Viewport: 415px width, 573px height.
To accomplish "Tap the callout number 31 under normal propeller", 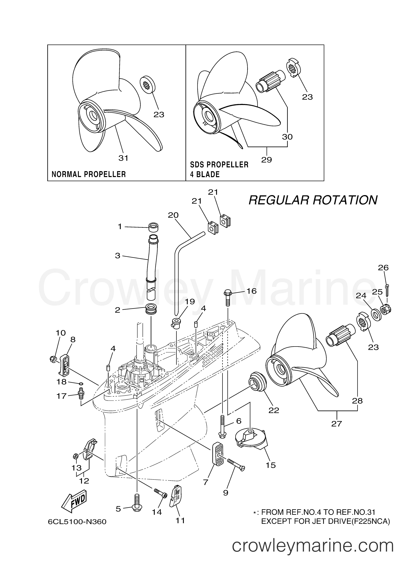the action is click(123, 158).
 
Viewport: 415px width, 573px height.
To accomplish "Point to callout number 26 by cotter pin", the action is click(383, 267).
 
